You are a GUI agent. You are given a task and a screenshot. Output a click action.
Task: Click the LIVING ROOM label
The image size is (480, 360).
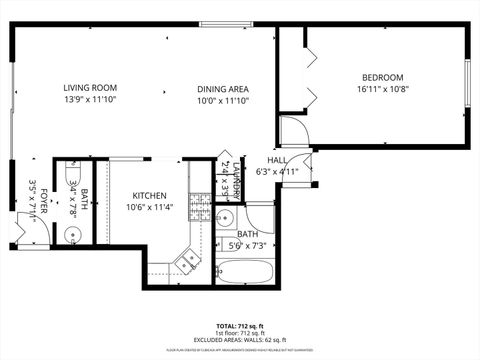pyautogui.click(x=90, y=88)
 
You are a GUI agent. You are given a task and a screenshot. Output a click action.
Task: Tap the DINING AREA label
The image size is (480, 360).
pyautogui.click(x=221, y=88)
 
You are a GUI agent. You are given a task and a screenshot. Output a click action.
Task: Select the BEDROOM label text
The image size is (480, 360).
pyautogui.click(x=382, y=78)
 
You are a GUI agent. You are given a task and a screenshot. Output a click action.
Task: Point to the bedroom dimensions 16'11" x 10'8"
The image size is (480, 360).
pyautogui.click(x=382, y=90)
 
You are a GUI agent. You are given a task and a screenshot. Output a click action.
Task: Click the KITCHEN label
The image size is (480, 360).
pyautogui.click(x=149, y=196)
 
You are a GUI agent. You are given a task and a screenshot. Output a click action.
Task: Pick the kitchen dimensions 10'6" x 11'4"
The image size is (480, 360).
pyautogui.click(x=149, y=208)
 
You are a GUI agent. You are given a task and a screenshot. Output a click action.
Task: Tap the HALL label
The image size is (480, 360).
pyautogui.click(x=277, y=160)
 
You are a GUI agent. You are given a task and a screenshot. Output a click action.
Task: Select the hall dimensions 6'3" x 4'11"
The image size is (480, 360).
pyautogui.click(x=278, y=171)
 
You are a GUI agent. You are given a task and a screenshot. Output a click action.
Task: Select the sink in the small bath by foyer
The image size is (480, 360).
pyautogui.click(x=72, y=236)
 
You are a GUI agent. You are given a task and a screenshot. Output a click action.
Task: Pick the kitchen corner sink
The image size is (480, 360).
pyautogui.click(x=186, y=262)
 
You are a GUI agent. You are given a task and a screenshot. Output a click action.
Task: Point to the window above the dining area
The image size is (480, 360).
pyautogui.click(x=227, y=23)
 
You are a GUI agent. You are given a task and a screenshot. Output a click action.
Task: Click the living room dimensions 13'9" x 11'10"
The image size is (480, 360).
pyautogui.click(x=90, y=100)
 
